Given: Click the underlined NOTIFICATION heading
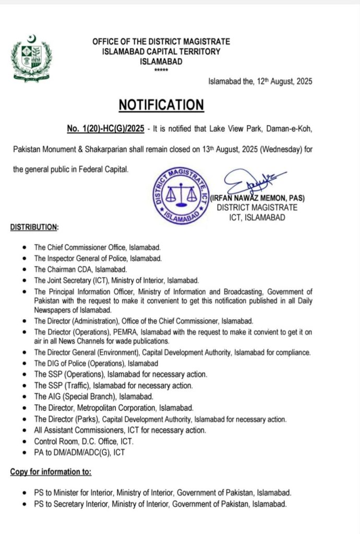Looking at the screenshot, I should point(161,105).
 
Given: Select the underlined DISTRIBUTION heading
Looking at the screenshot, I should point(34,227).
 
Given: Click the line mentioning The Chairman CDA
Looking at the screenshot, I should point(80,270).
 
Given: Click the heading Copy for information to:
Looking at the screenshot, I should point(51,472).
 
